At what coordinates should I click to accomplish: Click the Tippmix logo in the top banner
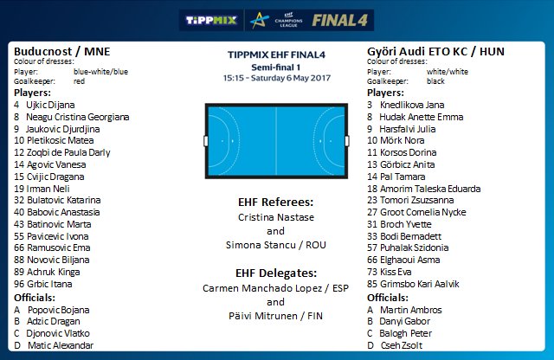click(x=214, y=20)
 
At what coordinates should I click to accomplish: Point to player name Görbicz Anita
click(x=411, y=164)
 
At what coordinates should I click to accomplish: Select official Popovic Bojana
click(x=57, y=309)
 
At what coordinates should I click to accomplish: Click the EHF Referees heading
click(x=275, y=202)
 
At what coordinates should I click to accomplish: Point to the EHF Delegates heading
click(x=275, y=272)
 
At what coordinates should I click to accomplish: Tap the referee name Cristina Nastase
click(x=275, y=217)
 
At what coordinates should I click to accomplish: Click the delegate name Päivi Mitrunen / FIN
click(x=275, y=316)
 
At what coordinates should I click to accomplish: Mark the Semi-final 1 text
click(x=275, y=66)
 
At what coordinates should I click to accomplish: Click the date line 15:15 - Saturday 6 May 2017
click(x=275, y=77)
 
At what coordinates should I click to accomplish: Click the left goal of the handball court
click(x=205, y=139)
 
